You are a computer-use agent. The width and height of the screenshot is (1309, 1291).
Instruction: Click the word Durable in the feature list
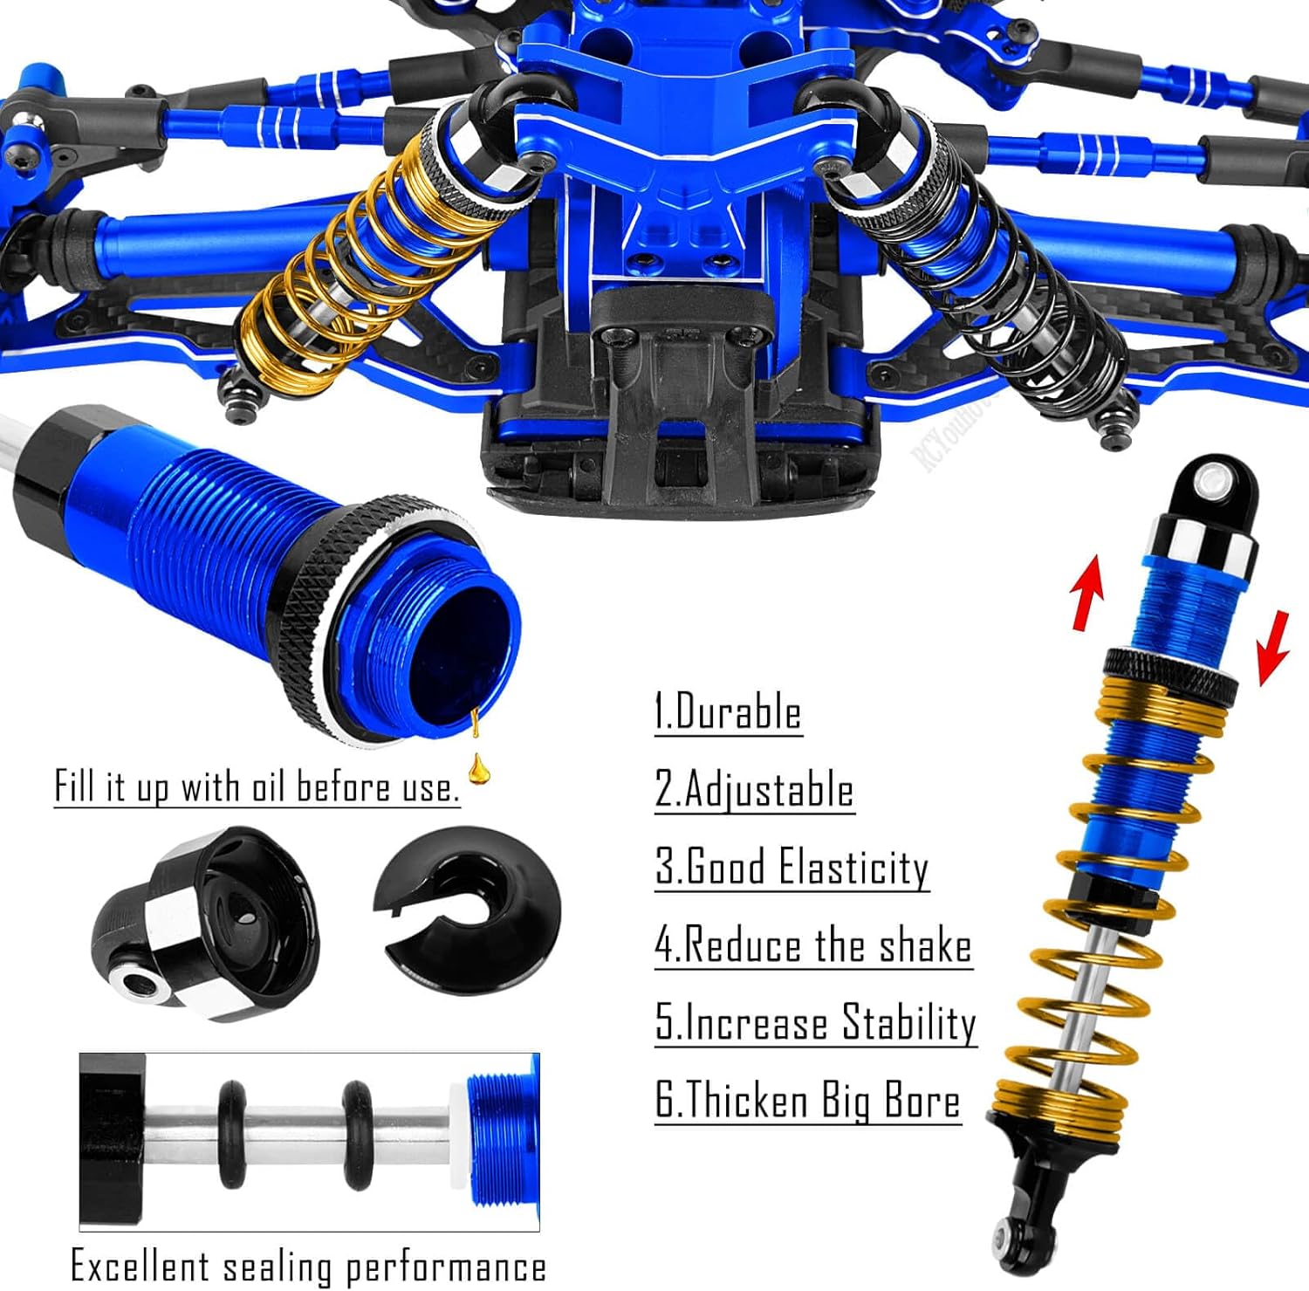(x=738, y=712)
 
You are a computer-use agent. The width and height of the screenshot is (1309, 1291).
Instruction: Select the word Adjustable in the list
(x=768, y=790)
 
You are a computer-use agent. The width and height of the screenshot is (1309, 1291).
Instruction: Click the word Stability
(x=908, y=1023)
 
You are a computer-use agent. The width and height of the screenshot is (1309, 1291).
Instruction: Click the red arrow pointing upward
(x=1086, y=594)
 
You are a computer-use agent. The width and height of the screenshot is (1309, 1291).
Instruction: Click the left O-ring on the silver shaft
(x=232, y=1135)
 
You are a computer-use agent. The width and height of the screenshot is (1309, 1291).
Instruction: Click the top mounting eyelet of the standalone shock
(x=1210, y=481)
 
